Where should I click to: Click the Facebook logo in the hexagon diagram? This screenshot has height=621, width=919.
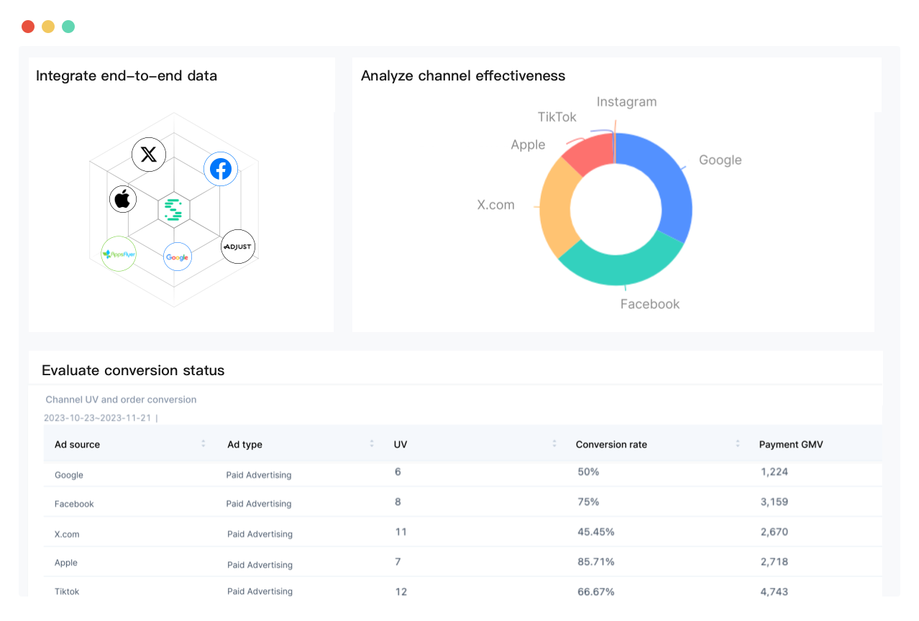(x=221, y=170)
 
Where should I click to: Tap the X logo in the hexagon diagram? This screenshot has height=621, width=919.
(x=149, y=154)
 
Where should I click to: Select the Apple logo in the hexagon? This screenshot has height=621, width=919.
(x=123, y=199)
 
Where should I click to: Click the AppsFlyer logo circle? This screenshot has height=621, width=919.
(x=119, y=254)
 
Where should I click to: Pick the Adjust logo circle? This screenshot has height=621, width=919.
(x=238, y=247)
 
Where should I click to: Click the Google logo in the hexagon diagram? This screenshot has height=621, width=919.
(x=178, y=257)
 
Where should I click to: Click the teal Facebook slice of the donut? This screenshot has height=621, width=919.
(x=618, y=265)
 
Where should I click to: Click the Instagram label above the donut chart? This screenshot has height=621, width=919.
(x=626, y=102)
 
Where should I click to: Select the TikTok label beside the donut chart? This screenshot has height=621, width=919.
(x=557, y=117)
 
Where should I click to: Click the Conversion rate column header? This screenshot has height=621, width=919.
(x=611, y=445)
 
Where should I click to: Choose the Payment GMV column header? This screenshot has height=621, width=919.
(x=791, y=445)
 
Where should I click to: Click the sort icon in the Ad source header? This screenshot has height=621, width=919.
(x=204, y=444)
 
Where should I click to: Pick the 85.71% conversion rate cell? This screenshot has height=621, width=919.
(x=596, y=562)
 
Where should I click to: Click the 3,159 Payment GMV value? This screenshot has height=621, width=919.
(x=774, y=502)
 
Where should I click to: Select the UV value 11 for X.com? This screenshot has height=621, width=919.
(x=401, y=532)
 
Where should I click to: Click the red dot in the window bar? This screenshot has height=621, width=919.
(x=28, y=27)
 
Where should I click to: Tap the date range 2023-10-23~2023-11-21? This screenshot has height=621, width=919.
(x=97, y=418)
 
